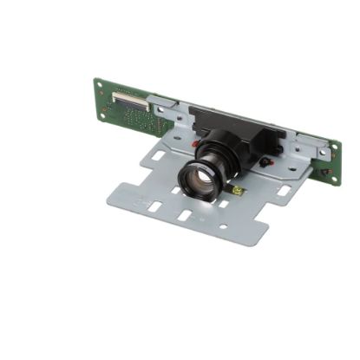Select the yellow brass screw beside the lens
tap(239, 190)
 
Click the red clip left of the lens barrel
tap(199, 141)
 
